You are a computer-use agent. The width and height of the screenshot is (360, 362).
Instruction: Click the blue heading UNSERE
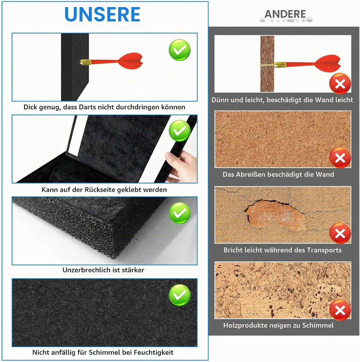point(102,14)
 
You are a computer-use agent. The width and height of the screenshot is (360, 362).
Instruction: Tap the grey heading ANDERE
point(285,14)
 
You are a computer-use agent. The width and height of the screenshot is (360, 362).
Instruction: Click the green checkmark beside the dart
point(179,50)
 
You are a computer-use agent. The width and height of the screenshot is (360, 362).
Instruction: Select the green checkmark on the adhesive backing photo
point(179,131)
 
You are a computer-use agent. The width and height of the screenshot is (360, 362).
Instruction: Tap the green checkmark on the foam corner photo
point(179,213)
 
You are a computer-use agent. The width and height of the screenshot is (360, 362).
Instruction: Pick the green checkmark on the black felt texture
point(179,295)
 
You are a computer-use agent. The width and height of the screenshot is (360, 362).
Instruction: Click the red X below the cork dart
point(340,83)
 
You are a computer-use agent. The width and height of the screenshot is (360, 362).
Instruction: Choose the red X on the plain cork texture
point(340,158)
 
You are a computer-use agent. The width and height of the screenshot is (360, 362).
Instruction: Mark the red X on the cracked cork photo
point(340,233)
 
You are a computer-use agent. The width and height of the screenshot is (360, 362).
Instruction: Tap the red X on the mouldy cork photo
point(340,310)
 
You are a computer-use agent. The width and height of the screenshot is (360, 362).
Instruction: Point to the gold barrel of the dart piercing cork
point(280,64)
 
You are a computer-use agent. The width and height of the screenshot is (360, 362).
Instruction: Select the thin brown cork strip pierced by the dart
point(267,63)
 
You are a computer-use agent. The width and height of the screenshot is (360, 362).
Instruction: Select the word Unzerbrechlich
point(85,270)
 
